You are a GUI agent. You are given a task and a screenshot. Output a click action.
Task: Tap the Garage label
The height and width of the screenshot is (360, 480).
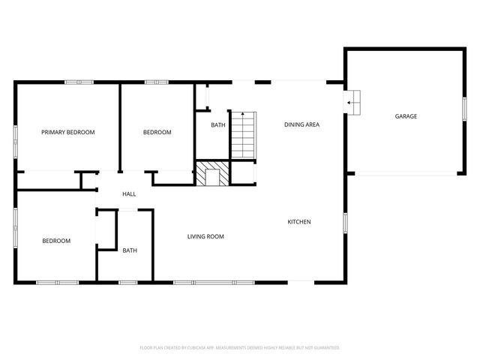click(x=406, y=116)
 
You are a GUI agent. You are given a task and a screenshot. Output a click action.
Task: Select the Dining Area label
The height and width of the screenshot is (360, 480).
click(x=301, y=124)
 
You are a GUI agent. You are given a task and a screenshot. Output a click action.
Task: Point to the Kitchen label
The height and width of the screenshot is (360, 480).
click(x=299, y=221)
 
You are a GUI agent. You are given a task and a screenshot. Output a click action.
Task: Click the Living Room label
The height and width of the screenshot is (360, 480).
click(x=205, y=236)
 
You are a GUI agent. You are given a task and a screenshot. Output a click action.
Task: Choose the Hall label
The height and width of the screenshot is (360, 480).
click(x=129, y=194)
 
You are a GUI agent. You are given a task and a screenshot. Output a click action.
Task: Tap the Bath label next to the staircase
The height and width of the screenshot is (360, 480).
click(x=217, y=125)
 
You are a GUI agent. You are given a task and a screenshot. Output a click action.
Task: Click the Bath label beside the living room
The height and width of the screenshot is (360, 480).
click(x=130, y=250)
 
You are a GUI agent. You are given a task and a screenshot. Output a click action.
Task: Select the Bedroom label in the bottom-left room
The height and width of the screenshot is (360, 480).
click(x=55, y=241)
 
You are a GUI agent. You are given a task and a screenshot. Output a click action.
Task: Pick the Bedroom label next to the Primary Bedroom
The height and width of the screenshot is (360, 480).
click(x=157, y=132)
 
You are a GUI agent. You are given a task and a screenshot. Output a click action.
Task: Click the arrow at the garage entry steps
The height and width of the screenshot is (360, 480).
click(x=350, y=105)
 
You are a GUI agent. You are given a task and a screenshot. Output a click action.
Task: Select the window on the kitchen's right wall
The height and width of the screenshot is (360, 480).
click(x=346, y=222)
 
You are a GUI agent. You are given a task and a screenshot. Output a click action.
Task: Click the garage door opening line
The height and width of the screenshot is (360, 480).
click(x=406, y=174)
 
